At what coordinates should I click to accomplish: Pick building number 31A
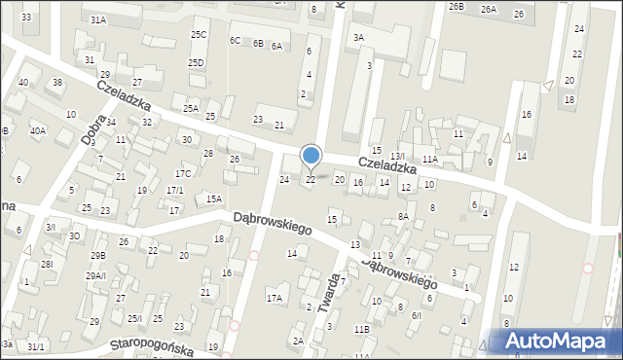97,19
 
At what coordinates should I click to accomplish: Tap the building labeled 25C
199,35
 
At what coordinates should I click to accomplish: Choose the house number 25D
197,63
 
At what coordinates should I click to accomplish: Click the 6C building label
235,41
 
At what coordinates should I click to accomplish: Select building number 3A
359,38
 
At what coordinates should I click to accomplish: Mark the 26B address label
457,7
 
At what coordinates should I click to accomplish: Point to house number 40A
38,130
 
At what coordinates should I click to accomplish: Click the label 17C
183,173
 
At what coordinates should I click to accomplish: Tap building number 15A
214,198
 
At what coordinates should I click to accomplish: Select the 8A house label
402,216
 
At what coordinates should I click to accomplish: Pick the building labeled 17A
275,299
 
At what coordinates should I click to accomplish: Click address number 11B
361,330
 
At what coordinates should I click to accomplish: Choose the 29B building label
97,255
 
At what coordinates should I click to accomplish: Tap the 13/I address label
397,157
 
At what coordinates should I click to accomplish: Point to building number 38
57,83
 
